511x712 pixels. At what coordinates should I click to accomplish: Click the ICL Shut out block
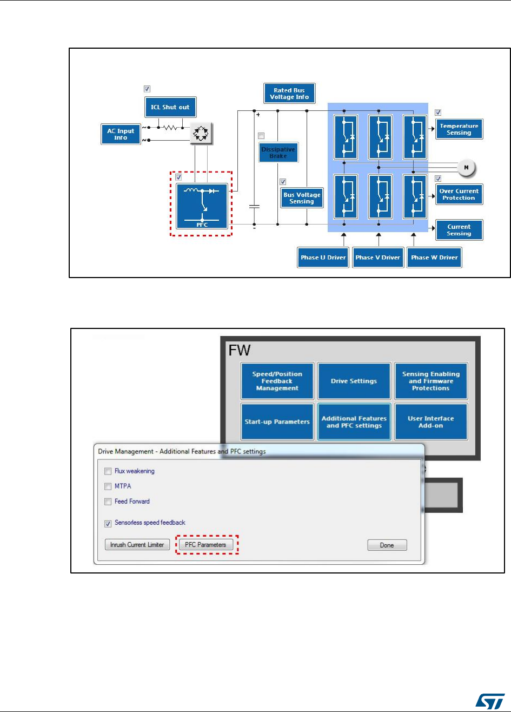(x=170, y=107)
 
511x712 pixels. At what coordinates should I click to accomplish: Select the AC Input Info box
(x=121, y=134)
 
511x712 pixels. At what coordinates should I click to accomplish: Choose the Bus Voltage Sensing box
(x=301, y=197)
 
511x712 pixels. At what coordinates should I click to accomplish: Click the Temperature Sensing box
(x=459, y=129)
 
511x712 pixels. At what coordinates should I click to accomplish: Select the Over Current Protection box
(x=459, y=194)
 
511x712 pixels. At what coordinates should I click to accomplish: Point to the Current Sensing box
(x=459, y=230)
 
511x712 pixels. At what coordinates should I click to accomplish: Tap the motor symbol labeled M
(x=466, y=168)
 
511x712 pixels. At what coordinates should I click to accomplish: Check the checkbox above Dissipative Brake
(x=262, y=136)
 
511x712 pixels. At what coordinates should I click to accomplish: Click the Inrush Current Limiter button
(x=138, y=545)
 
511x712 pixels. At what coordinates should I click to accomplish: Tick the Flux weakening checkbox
(x=108, y=471)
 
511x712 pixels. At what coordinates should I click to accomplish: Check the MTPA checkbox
(x=108, y=486)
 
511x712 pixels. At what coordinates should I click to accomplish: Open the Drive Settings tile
(x=354, y=381)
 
